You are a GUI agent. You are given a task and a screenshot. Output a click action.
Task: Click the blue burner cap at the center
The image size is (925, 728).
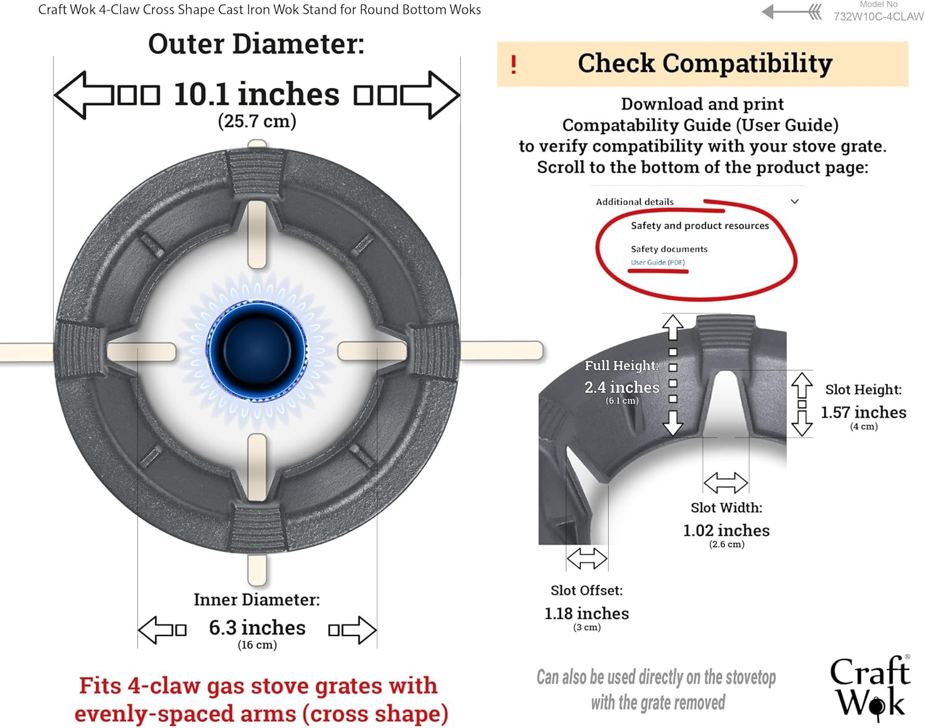(257, 351)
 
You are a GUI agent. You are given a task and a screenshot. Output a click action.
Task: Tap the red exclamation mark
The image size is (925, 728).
(514, 65)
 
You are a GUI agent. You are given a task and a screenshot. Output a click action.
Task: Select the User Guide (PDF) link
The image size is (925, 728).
(657, 262)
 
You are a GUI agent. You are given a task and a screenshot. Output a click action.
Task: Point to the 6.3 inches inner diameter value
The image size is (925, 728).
(257, 627)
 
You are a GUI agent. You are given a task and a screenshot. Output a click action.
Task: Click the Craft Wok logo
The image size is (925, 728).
(871, 689)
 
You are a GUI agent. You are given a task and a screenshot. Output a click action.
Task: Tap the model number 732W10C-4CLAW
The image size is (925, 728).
(878, 16)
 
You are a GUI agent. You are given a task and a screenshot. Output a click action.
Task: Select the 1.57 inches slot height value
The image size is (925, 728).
(863, 412)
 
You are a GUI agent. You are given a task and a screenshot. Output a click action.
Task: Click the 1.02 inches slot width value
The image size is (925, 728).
(726, 530)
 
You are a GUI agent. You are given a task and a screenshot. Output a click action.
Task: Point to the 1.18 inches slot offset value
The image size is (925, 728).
(586, 613)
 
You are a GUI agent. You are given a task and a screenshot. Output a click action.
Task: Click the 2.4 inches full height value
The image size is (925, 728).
(622, 387)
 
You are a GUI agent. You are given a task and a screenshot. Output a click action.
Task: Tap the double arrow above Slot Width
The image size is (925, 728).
(726, 482)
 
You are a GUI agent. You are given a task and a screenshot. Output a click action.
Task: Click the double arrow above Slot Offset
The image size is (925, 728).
(586, 558)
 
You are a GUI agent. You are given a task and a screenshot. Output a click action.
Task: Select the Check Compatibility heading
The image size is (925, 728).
(705, 63)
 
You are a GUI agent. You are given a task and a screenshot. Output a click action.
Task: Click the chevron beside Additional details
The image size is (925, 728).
(794, 201)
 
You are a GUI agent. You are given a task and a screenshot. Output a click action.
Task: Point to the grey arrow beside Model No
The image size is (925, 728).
(792, 12)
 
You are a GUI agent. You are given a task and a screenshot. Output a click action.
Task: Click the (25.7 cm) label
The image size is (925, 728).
(257, 121)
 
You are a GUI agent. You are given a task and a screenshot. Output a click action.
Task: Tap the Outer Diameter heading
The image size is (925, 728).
(256, 44)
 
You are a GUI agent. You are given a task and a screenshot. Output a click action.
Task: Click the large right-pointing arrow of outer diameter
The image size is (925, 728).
(430, 95)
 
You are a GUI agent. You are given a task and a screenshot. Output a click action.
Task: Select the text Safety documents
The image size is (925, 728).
(669, 249)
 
